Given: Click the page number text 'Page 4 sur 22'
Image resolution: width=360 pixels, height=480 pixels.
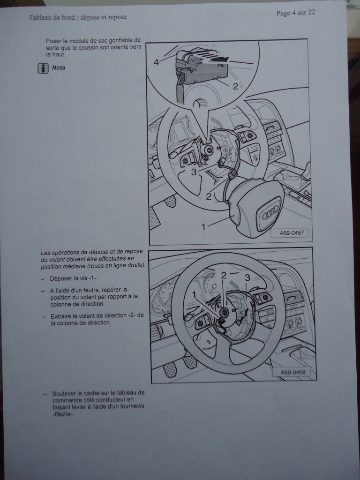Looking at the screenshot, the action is coord(295,13).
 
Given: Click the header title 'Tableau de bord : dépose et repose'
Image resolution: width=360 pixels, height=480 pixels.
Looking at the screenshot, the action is coord(77,17).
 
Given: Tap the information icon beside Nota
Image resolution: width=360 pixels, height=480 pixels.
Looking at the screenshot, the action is coord(43,68).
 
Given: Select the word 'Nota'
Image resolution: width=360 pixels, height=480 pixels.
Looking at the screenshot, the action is coord(59,67).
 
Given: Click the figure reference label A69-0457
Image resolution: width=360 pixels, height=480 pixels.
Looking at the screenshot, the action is coord(292,232).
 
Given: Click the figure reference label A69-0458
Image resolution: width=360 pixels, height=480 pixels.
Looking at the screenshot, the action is coord(293,372).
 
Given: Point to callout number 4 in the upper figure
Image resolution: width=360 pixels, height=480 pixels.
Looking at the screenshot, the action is coord(157,62).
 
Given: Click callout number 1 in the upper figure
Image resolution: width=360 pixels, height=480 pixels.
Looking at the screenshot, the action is coord(203,227).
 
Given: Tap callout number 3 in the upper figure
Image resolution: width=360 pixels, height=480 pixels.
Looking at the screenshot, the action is coord(194,172).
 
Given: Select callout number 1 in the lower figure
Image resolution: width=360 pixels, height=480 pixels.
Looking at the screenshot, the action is coord(194,295).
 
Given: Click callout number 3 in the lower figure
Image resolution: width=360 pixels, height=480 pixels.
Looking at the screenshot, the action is coord(247,277).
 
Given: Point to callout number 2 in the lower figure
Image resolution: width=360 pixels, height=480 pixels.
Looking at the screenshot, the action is coord(224,275).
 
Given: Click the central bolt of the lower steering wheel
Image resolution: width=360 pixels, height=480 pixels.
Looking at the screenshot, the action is coord(225,312).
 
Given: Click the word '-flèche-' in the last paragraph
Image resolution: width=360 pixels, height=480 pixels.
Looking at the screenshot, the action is coord(63,414).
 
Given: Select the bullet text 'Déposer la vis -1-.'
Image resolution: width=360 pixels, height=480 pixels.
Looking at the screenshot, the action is coord(74,278).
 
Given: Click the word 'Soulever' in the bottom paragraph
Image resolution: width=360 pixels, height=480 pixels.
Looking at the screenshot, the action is coord(64,393).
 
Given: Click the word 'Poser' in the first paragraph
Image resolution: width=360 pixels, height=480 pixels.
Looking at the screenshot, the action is coord(53,41).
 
